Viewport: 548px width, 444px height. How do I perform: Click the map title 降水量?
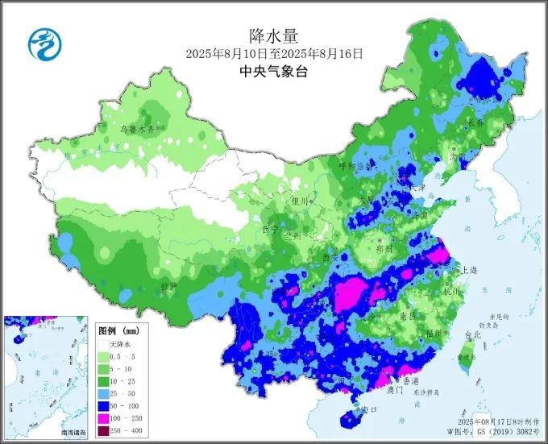click(274, 35)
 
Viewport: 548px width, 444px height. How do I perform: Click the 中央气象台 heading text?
click(274, 71)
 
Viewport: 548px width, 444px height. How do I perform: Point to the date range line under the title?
click(274, 53)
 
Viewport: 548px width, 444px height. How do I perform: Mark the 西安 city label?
click(330, 258)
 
